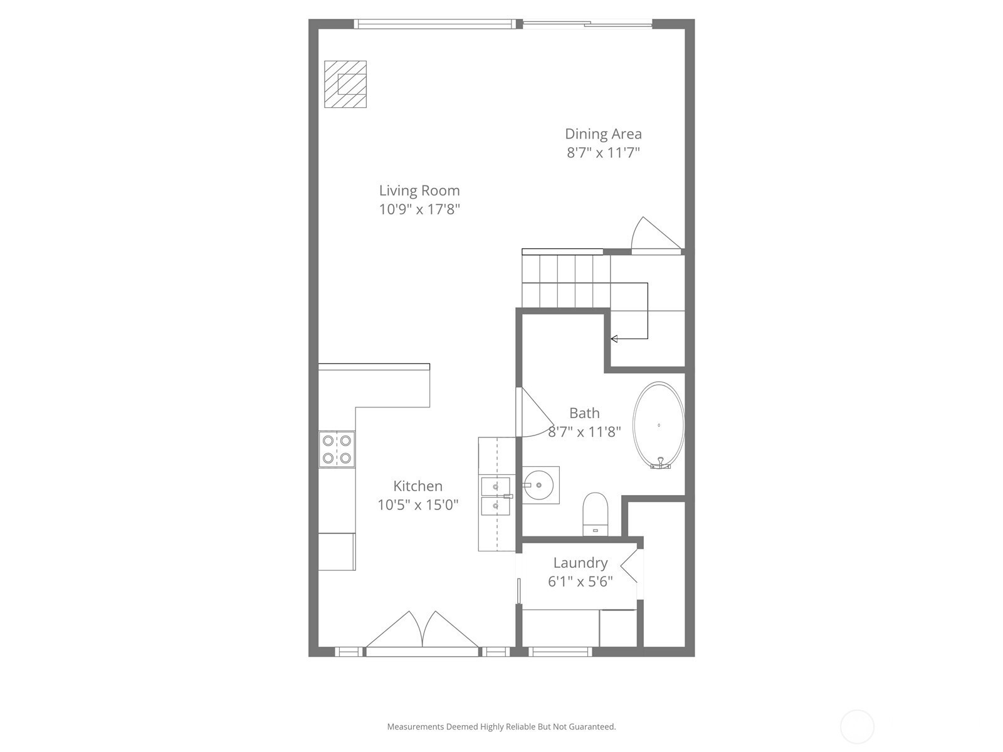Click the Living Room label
(x=419, y=191)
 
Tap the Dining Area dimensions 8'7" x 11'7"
(x=603, y=152)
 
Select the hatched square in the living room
(x=345, y=85)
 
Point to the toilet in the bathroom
(x=596, y=514)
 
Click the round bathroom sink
(x=538, y=485)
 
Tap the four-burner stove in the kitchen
(x=337, y=449)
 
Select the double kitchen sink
(x=496, y=496)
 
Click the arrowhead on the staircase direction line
(x=614, y=339)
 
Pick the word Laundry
(x=580, y=563)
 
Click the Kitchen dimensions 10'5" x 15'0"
(x=417, y=505)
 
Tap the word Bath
(x=584, y=413)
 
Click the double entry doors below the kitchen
(x=423, y=630)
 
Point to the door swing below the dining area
(x=656, y=234)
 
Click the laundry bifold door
(x=629, y=567)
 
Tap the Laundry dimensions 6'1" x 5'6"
(x=580, y=582)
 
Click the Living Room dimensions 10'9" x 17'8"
(x=419, y=209)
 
